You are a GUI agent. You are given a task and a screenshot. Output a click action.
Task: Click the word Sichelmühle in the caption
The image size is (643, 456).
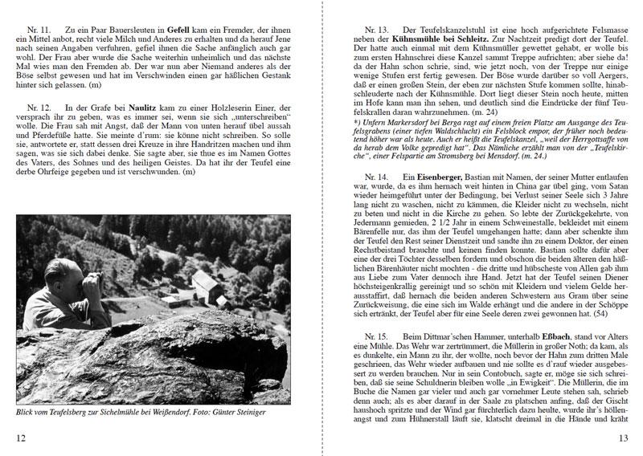[x=123, y=413]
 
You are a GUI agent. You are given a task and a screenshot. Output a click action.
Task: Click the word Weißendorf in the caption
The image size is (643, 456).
[x=180, y=413]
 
